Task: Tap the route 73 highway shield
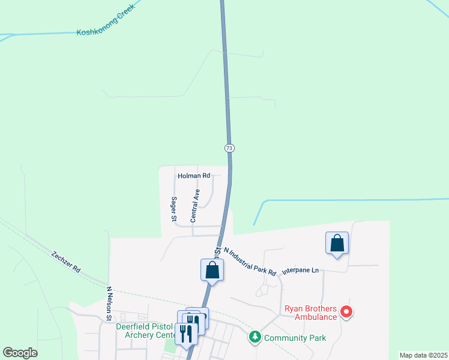(x=229, y=148)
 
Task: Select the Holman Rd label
(x=194, y=176)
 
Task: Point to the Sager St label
(x=173, y=209)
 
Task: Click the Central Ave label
(x=194, y=206)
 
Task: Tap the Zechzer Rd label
(x=65, y=262)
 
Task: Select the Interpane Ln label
(x=303, y=271)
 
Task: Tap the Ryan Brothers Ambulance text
(x=310, y=316)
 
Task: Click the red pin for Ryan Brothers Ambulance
(x=346, y=311)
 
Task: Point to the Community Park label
(x=295, y=338)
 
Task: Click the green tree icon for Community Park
(x=255, y=337)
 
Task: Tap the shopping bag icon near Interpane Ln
(x=337, y=243)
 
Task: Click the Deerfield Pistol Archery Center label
(x=146, y=331)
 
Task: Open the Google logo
(x=20, y=353)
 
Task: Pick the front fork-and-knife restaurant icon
(x=186, y=334)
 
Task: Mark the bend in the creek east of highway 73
(x=264, y=201)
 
